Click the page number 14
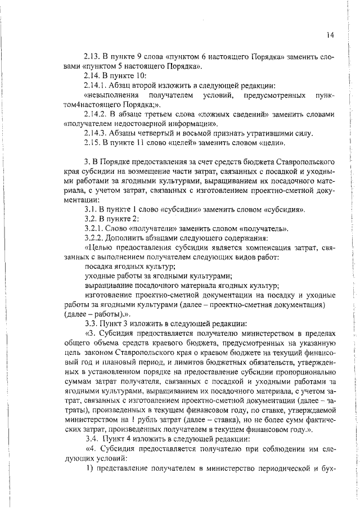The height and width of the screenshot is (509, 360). [330, 35]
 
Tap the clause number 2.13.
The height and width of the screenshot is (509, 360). [92, 56]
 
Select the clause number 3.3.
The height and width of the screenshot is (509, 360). [91, 324]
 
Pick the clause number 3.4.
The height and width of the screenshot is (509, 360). [92, 440]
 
